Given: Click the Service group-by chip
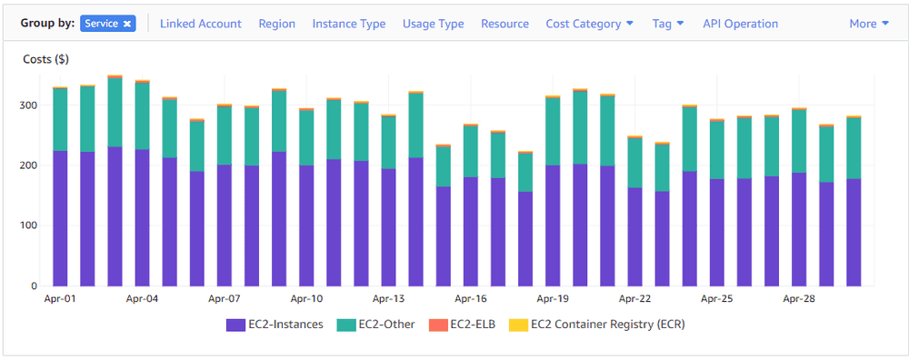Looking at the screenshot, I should click(107, 24).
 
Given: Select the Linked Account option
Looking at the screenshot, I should click(201, 24).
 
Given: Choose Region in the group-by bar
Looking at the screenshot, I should click(276, 24).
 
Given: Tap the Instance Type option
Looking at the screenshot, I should click(348, 24).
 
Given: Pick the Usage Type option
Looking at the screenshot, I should click(433, 24).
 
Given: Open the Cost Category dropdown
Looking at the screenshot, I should click(589, 24).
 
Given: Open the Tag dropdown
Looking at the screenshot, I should click(668, 24).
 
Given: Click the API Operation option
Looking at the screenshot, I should click(740, 24).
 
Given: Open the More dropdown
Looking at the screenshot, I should click(868, 24).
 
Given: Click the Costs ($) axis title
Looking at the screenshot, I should click(45, 59).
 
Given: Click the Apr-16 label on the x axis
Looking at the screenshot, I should click(471, 298).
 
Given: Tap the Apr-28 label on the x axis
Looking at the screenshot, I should click(799, 298).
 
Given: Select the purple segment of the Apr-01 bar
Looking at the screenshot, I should click(61, 218).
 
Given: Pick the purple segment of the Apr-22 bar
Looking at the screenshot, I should click(634, 236).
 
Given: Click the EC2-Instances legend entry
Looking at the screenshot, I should click(275, 324).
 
